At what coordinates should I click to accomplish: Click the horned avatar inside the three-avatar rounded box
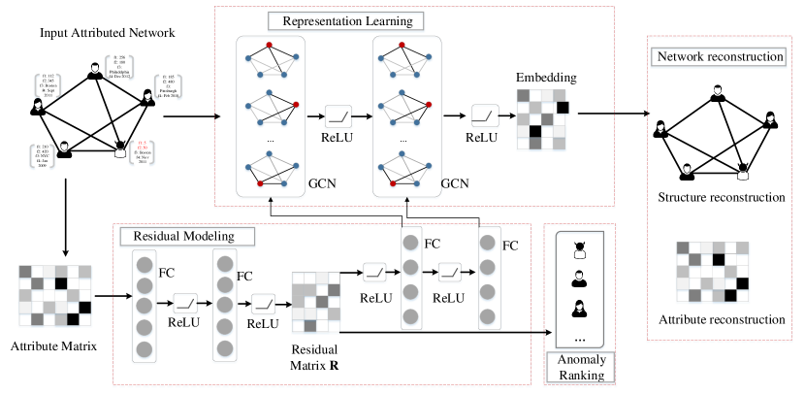(x=580, y=249)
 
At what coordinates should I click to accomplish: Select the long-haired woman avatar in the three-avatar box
(x=579, y=308)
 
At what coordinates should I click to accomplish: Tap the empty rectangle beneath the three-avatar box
(x=580, y=368)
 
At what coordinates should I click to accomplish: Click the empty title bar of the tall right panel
(x=718, y=58)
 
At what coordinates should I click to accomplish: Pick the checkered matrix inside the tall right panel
(x=713, y=272)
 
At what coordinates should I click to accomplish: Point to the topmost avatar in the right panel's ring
(x=718, y=92)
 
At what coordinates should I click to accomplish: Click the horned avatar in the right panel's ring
(x=743, y=172)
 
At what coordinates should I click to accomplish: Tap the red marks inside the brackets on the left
(x=143, y=146)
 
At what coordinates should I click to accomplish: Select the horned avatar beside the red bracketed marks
(x=120, y=149)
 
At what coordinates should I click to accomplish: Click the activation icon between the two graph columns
(x=338, y=117)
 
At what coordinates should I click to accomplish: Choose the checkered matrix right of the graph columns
(x=541, y=119)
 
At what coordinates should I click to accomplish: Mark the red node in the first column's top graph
(x=270, y=46)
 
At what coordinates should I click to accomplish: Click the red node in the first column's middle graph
(x=296, y=105)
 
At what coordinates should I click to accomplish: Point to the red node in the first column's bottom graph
(x=260, y=184)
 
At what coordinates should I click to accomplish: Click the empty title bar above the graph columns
(x=346, y=22)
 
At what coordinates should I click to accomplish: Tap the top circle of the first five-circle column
(x=145, y=265)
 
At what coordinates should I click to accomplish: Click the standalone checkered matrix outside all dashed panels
(x=55, y=296)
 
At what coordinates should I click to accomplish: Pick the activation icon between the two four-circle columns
(x=449, y=273)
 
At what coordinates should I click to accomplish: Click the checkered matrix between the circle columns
(x=316, y=302)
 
